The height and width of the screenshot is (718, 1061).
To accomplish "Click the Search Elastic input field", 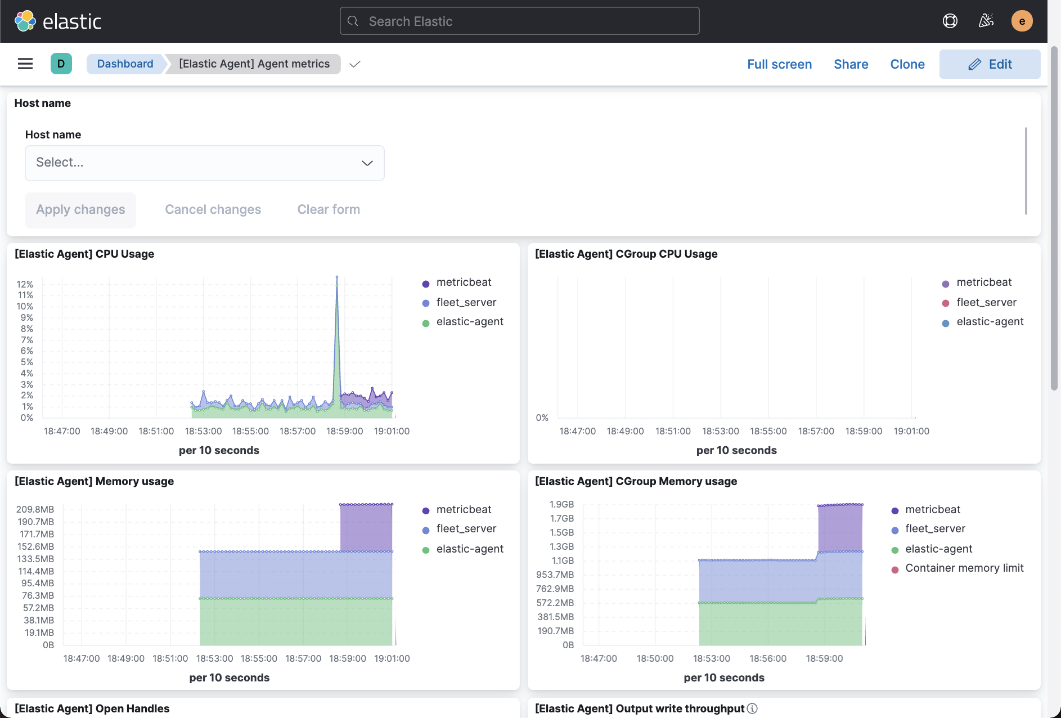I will point(519,21).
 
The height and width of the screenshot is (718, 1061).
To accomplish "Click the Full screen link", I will point(779,64).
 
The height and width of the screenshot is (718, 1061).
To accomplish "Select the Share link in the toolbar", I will point(851,64).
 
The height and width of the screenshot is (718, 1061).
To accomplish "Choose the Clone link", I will point(907,64).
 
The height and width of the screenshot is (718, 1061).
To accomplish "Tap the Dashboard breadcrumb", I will point(125,64).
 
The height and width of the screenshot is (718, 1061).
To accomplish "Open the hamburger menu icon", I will point(25,64).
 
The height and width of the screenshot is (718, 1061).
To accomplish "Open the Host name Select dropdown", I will point(205,163).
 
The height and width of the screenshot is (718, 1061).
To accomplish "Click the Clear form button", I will point(329,209).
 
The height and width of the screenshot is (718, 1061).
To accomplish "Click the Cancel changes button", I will point(213,209).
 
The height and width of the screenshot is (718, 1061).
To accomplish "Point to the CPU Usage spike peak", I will point(337,277).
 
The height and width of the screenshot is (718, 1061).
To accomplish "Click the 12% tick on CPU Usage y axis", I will point(25,284).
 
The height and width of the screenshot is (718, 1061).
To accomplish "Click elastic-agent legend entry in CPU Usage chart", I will point(469,322).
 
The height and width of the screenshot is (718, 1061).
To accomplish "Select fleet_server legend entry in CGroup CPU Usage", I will point(986,303).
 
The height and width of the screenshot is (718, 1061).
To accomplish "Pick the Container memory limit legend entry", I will point(964,568).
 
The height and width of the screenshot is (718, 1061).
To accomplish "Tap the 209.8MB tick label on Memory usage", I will point(35,509).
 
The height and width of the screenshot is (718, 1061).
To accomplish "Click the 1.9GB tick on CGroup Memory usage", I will point(561,504).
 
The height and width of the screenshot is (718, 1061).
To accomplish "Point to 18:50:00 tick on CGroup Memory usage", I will point(655,658).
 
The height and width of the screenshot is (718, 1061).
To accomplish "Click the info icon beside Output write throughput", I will point(752,708).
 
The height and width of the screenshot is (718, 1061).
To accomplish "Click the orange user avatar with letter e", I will point(1022,21).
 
